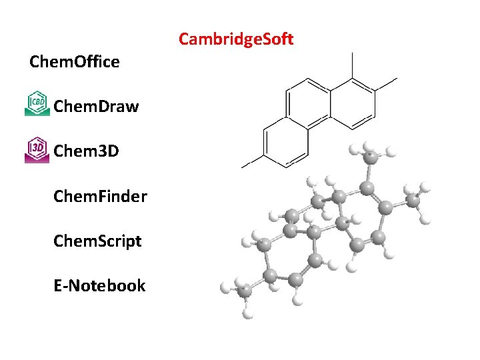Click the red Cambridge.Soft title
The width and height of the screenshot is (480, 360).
coord(236,39)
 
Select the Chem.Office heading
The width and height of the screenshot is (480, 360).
coord(75,62)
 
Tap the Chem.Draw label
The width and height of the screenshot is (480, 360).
coord(96,106)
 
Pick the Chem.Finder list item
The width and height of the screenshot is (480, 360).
coord(100,196)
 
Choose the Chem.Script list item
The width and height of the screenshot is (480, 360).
coord(97,241)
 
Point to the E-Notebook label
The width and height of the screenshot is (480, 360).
coord(99,285)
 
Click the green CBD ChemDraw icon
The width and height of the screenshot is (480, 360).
coord(37,103)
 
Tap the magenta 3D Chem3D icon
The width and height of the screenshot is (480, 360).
coord(37,150)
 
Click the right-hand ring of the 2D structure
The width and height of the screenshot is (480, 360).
coord(352,101)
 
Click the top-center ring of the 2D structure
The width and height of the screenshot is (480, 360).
coord(308,100)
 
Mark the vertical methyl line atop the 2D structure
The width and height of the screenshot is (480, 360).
coord(352,65)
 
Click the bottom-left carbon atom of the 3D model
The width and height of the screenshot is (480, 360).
coord(244,291)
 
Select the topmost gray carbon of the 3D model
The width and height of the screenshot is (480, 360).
coord(369,157)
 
